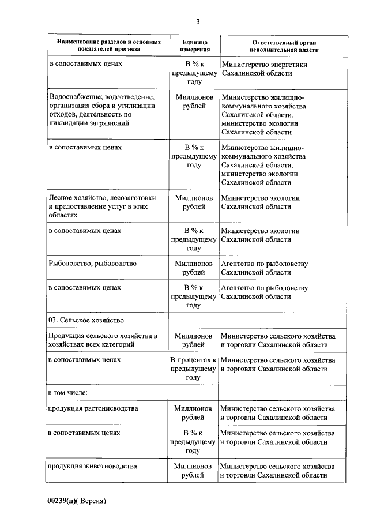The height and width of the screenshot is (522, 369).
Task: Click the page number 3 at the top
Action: [x=197, y=22]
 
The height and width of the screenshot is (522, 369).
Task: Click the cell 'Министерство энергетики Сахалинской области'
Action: [x=264, y=69]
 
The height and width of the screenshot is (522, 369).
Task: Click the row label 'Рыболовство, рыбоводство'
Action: [x=92, y=263]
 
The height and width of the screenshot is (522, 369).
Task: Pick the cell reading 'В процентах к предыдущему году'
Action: [x=193, y=369]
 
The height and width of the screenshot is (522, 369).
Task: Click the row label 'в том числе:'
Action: [x=67, y=393]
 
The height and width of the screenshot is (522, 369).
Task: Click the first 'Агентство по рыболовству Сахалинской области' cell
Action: [x=265, y=268]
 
